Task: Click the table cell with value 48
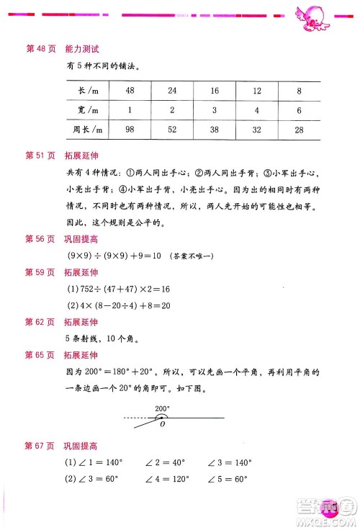point(130,90)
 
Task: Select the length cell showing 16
point(215,90)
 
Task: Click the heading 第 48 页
point(39,48)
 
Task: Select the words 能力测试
point(81,48)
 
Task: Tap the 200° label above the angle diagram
point(163,408)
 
